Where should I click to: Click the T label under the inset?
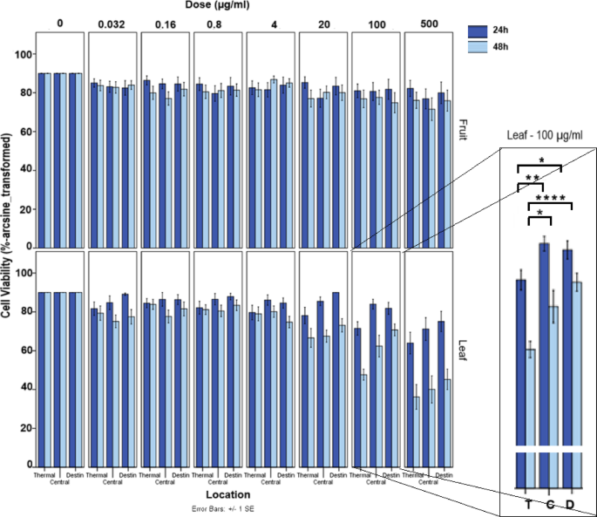pos(528,505)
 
